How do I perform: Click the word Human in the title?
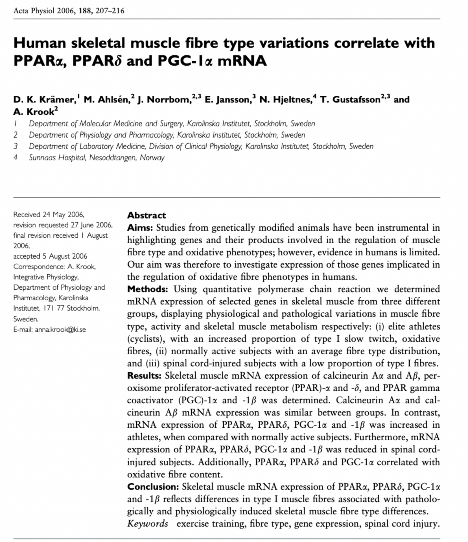(40, 43)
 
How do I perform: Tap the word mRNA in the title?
(242, 60)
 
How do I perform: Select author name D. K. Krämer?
(44, 99)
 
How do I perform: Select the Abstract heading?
(146, 215)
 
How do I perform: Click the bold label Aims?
(140, 228)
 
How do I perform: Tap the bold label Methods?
(147, 289)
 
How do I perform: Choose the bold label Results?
(144, 375)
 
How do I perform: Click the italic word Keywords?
(147, 524)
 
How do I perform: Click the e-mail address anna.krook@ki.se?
(60, 329)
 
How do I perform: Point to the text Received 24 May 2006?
(49, 215)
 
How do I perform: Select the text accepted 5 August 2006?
(50, 256)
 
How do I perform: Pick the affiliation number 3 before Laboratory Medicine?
(16, 146)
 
